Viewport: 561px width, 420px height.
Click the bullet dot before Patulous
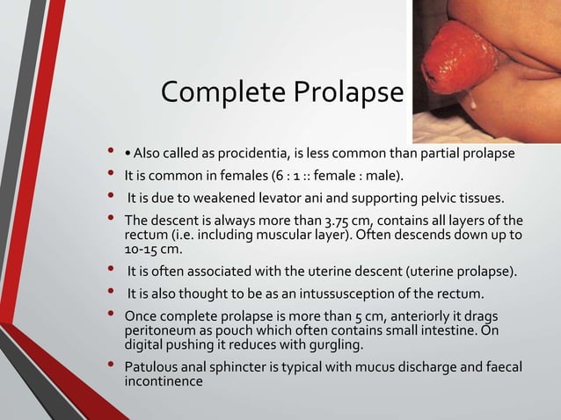pos(111,366)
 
